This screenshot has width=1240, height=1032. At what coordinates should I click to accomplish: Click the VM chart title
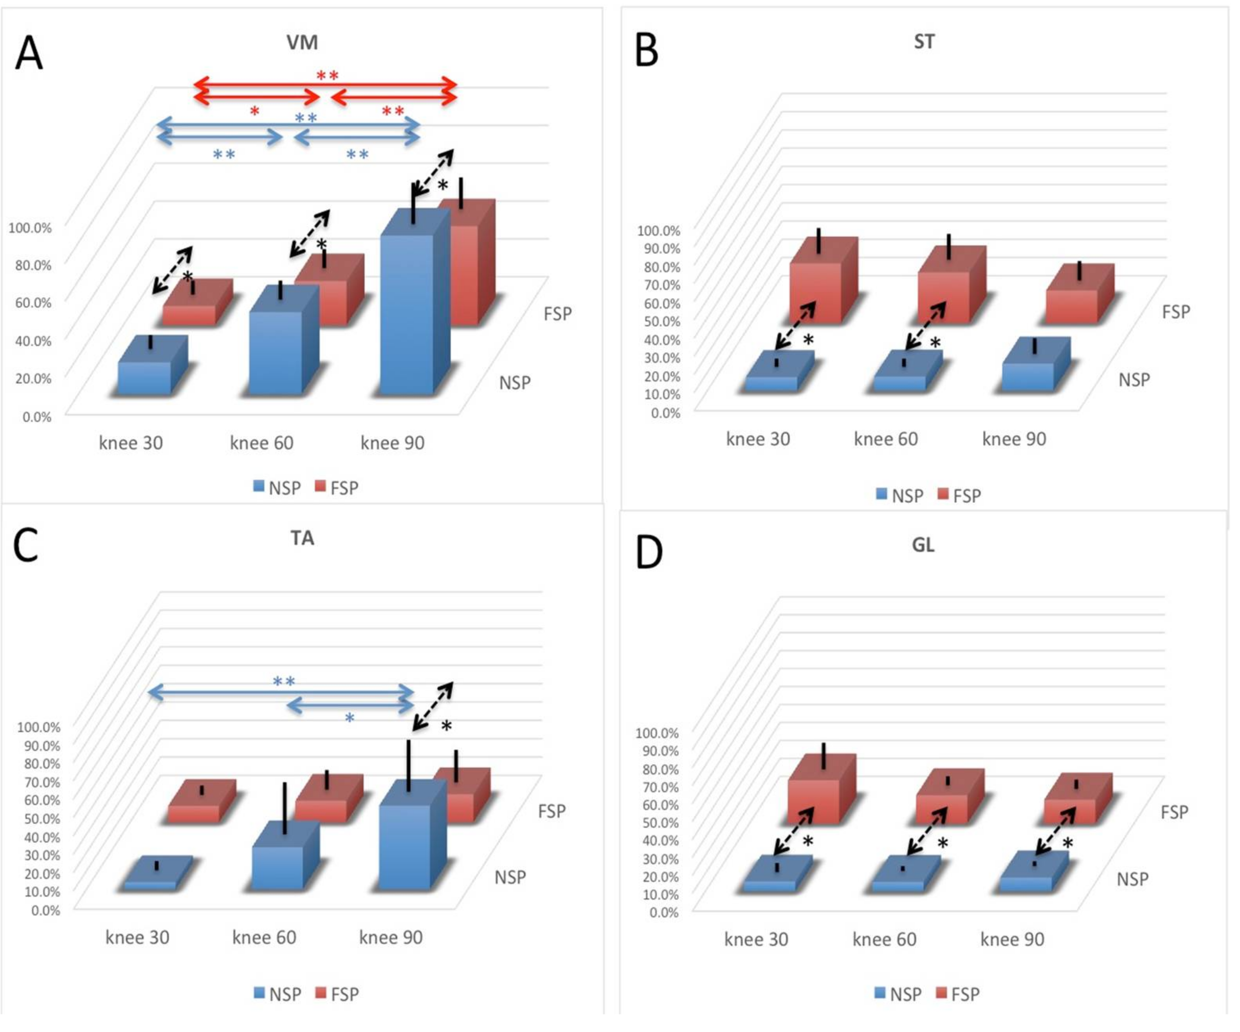point(302,43)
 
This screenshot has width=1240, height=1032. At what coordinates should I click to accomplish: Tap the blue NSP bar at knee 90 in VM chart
point(407,313)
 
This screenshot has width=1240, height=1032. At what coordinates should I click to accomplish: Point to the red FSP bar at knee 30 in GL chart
point(814,801)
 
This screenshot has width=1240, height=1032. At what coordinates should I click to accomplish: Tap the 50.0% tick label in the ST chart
point(658,322)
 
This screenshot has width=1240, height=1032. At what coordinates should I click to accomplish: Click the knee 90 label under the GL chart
point(1012,939)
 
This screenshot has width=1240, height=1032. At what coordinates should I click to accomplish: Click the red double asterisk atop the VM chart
point(327,76)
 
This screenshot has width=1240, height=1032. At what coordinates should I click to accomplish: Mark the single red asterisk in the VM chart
point(254,111)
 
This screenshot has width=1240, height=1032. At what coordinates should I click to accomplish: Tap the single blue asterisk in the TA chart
point(350,718)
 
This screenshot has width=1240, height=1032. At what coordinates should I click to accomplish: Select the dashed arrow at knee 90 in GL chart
point(1055,831)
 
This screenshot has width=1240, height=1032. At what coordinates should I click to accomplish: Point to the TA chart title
point(302,538)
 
